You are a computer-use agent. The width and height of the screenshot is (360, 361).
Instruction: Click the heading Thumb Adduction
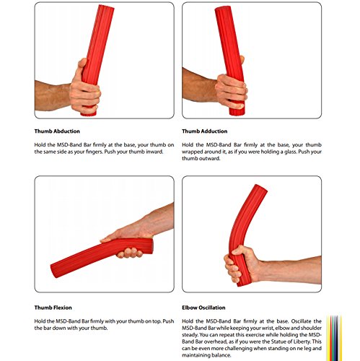coord(206,131)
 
